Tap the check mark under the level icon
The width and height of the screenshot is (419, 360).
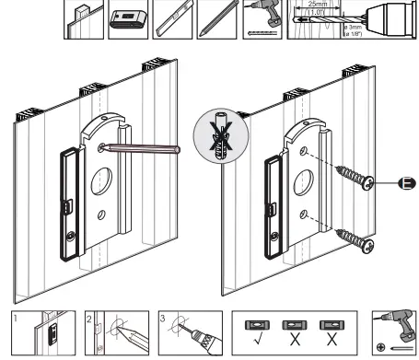click(257, 343)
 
